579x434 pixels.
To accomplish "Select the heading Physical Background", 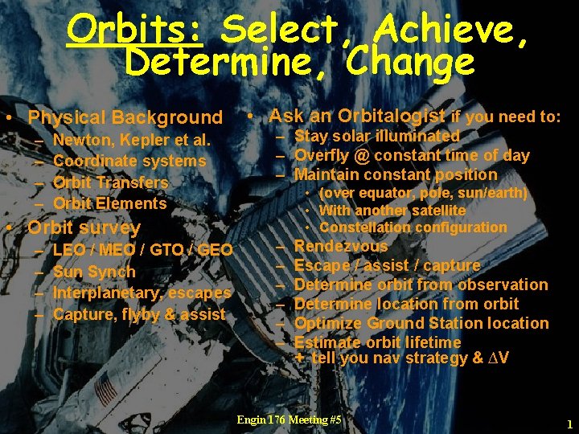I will pos(125,118).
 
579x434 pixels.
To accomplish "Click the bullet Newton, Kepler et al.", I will pos(131,141).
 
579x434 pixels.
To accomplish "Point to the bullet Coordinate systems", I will pos(129,161).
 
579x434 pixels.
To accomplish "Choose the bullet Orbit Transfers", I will pos(110,182).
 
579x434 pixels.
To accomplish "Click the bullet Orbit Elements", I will pos(109,203).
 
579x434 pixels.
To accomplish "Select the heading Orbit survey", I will pos(84,227).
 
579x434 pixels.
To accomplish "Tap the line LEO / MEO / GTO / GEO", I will pos(142,251).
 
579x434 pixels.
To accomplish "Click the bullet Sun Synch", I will pos(94,272).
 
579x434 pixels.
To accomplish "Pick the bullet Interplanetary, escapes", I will pos(142,293).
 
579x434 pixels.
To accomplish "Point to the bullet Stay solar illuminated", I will pos(377,137).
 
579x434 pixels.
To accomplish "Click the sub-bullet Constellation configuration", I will pos(413,227).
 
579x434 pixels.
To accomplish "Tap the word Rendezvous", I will pos(341,246).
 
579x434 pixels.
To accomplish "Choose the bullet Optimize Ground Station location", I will pos(421,323).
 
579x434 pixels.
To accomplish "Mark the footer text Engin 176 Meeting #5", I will pos(289,420).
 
